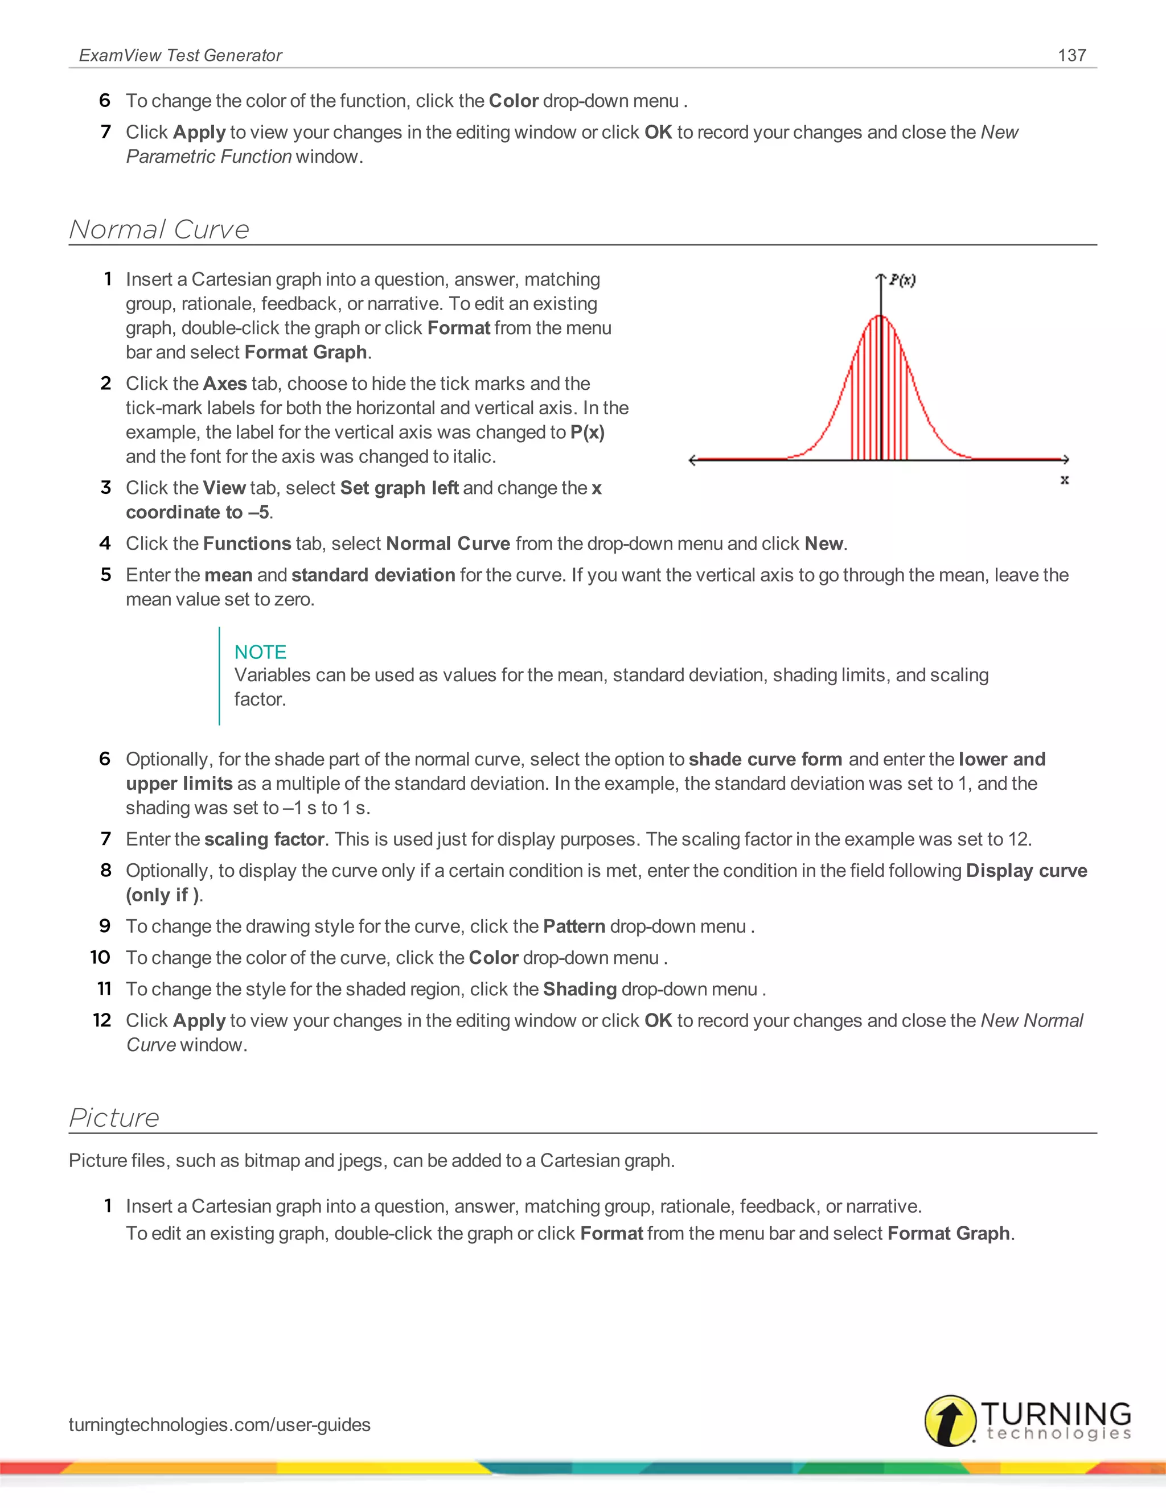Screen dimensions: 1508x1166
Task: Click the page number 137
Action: point(1071,55)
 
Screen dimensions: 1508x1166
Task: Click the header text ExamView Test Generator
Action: point(180,55)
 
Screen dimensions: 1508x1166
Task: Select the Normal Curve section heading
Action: point(159,229)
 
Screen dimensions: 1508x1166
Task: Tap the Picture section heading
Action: point(114,1117)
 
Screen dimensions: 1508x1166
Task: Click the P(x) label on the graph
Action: point(902,279)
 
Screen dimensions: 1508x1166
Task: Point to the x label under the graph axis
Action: point(1065,480)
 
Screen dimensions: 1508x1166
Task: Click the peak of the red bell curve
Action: point(881,316)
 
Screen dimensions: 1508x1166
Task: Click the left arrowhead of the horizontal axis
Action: point(693,460)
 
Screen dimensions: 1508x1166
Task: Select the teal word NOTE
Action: point(260,652)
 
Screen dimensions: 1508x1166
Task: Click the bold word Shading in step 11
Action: point(580,990)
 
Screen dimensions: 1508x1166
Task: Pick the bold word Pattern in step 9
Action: point(574,926)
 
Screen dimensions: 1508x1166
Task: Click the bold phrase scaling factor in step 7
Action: point(264,839)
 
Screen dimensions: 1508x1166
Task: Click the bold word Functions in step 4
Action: point(247,544)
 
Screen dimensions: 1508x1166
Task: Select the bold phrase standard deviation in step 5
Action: point(373,575)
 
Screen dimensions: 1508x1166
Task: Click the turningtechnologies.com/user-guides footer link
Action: point(220,1424)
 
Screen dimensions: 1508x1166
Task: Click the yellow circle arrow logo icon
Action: point(950,1420)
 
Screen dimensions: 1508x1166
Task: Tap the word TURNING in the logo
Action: point(1056,1413)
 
